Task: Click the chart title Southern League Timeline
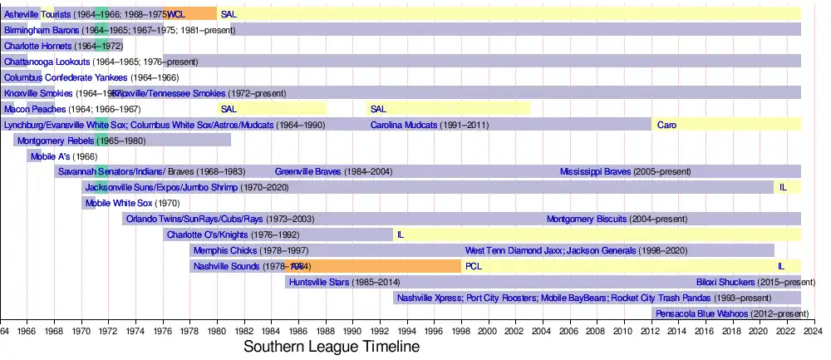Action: (x=332, y=346)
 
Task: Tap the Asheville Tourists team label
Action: (x=37, y=14)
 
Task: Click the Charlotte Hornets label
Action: (x=38, y=46)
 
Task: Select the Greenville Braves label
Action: (x=309, y=172)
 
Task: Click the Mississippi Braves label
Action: (x=595, y=172)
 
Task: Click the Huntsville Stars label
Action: (x=320, y=282)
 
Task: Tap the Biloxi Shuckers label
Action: (x=725, y=282)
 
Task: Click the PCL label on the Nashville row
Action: (x=473, y=266)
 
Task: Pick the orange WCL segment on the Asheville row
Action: (x=190, y=14)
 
